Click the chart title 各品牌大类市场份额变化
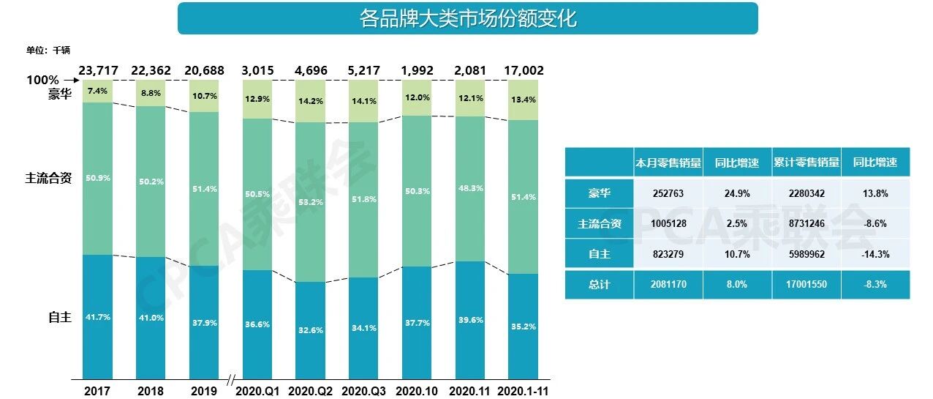coord(467,18)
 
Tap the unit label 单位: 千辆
coord(48,50)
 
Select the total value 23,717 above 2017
coord(97,71)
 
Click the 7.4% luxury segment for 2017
coord(97,92)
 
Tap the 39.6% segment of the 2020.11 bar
coord(469,320)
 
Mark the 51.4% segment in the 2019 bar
coord(204,189)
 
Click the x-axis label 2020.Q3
coord(363,391)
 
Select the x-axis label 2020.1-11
coord(523,391)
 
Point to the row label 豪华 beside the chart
coord(60,94)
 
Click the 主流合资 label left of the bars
coord(48,178)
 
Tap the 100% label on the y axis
coord(42,80)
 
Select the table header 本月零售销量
coord(668,163)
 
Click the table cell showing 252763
coord(668,193)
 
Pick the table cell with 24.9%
coord(738,193)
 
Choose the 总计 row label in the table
coord(600,284)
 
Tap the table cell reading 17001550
coord(807,284)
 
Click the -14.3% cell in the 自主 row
coord(875,254)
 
